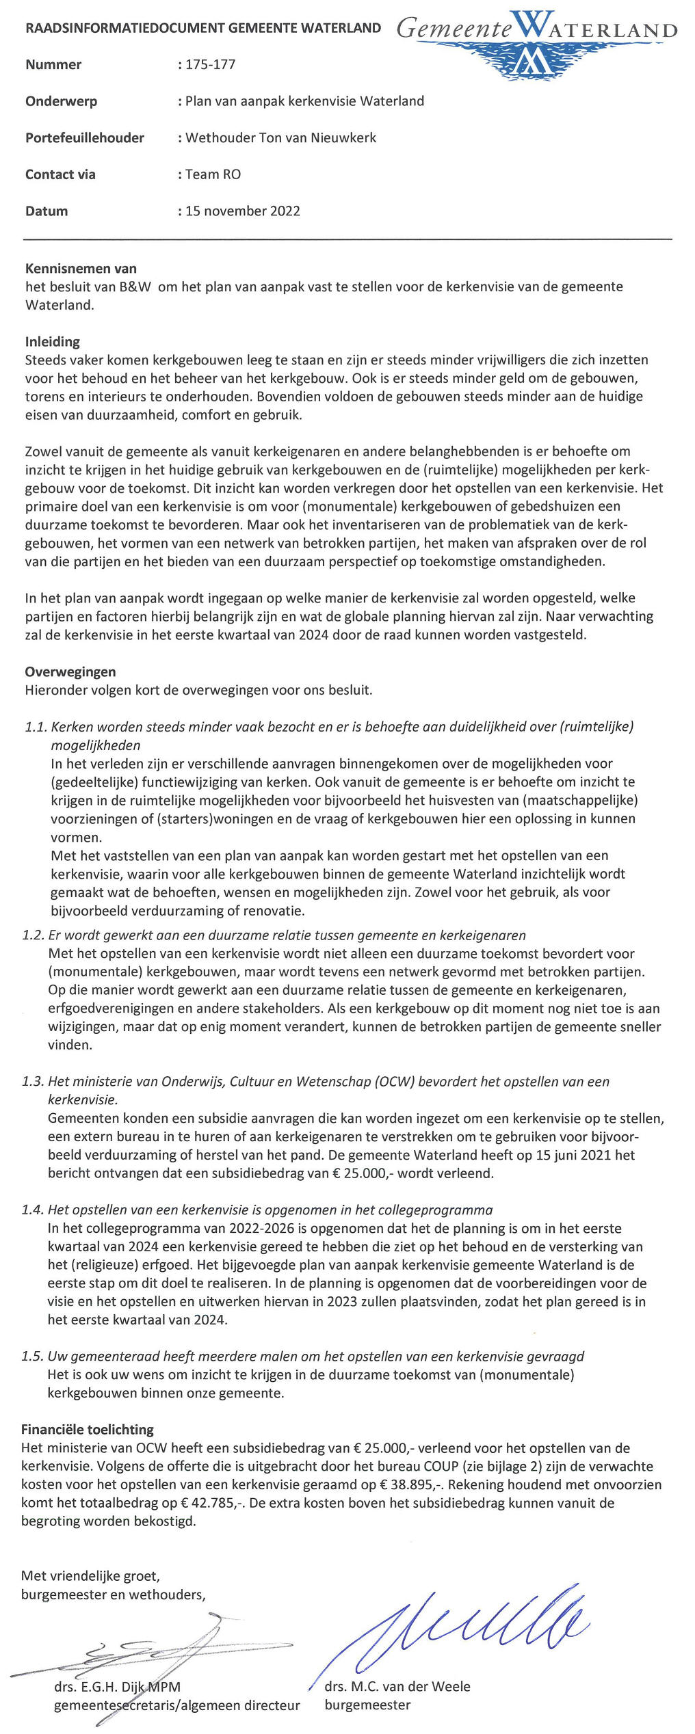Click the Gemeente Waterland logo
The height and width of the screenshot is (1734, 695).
coord(537,42)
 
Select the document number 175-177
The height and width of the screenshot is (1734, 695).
coord(210,65)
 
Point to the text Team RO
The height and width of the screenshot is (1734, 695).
coord(213,174)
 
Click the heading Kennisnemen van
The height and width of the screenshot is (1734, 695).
coord(81,269)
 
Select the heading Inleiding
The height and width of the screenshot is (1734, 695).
coord(53,342)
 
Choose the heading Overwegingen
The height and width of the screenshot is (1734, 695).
coord(70,672)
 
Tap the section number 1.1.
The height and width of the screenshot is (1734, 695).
coord(36,728)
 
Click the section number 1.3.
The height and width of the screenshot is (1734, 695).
coord(33,1082)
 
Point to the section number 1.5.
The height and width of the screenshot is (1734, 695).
coord(33,1357)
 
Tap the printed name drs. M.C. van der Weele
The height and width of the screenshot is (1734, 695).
coord(397,1687)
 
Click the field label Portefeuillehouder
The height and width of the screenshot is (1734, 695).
coord(85,138)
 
